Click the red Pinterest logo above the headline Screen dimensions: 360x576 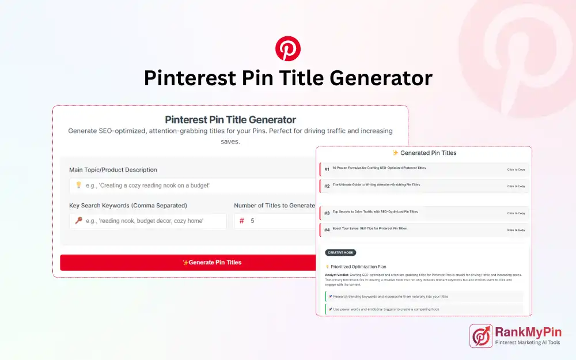(287, 48)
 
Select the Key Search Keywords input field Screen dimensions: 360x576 (147, 221)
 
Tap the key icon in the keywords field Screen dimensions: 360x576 (78, 221)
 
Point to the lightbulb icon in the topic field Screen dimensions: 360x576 (78, 185)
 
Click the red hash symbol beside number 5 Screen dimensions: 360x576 (242, 221)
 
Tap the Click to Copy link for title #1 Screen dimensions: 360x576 (516, 169)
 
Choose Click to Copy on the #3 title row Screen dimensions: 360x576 (516, 213)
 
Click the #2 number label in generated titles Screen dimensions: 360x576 (327, 186)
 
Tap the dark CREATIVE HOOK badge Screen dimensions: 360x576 (340, 252)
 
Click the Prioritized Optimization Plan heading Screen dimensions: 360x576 (358, 267)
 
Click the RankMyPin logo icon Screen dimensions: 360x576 (481, 336)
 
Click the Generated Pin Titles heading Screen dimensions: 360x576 (424, 153)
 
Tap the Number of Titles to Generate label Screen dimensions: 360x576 (274, 205)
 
